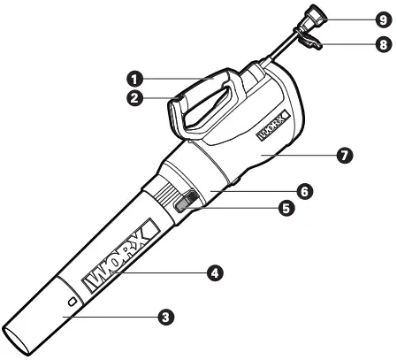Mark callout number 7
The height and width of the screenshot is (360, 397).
coord(345,155)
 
